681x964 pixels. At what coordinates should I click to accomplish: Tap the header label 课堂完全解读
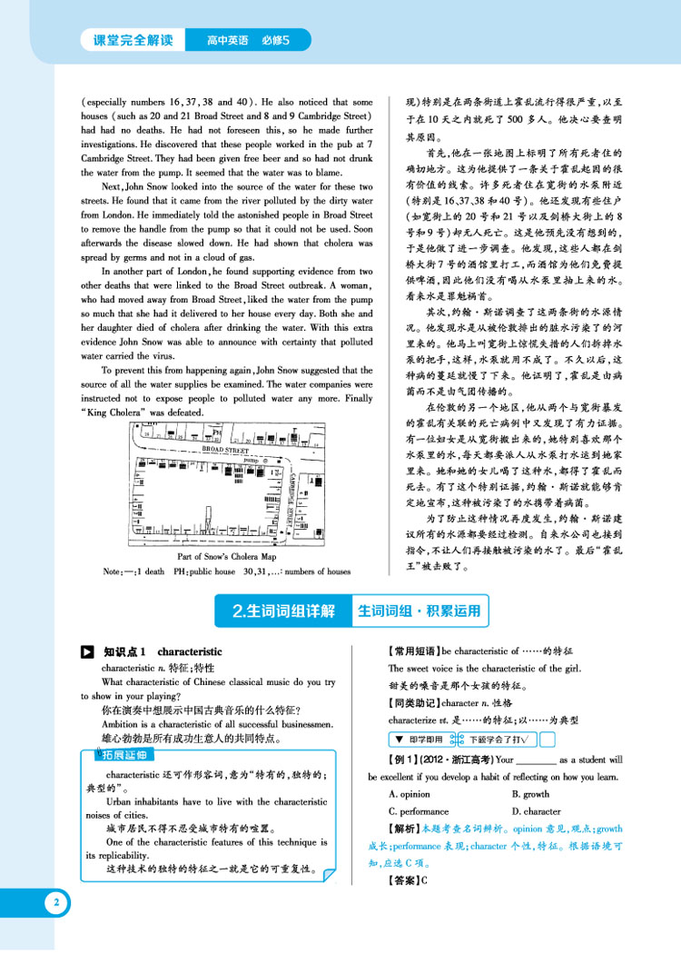(x=133, y=40)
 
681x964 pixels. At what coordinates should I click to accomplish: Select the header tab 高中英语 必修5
(x=247, y=40)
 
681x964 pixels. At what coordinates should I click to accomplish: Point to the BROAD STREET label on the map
(x=226, y=450)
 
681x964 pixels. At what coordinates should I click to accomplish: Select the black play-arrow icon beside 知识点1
(x=87, y=651)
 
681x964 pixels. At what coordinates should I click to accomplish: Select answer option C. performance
(x=419, y=811)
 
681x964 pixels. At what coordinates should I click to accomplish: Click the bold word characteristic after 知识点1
(x=190, y=651)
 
